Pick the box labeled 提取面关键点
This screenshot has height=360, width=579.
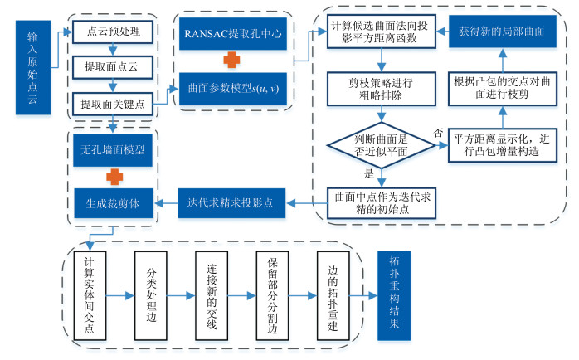pyautogui.click(x=113, y=104)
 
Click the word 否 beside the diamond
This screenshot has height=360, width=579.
pyautogui.click(x=439, y=133)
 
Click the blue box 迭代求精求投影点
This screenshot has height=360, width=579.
pyautogui.click(x=231, y=202)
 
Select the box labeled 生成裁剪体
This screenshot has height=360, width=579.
pyautogui.click(x=113, y=201)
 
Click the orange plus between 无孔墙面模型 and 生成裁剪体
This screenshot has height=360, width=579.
pyautogui.click(x=113, y=176)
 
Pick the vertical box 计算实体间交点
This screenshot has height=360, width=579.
pyautogui.click(x=90, y=294)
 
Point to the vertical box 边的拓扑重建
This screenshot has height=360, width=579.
pyautogui.click(x=332, y=294)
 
